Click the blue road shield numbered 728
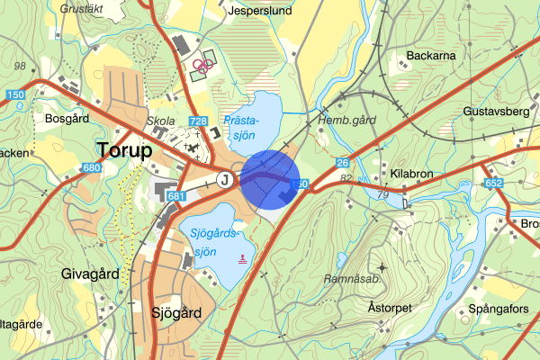[x=199, y=121]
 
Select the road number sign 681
[x=176, y=196]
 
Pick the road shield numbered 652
[x=493, y=183]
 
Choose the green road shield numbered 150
[x=13, y=95]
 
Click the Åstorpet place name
[x=390, y=307]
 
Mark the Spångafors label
[x=493, y=310]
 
